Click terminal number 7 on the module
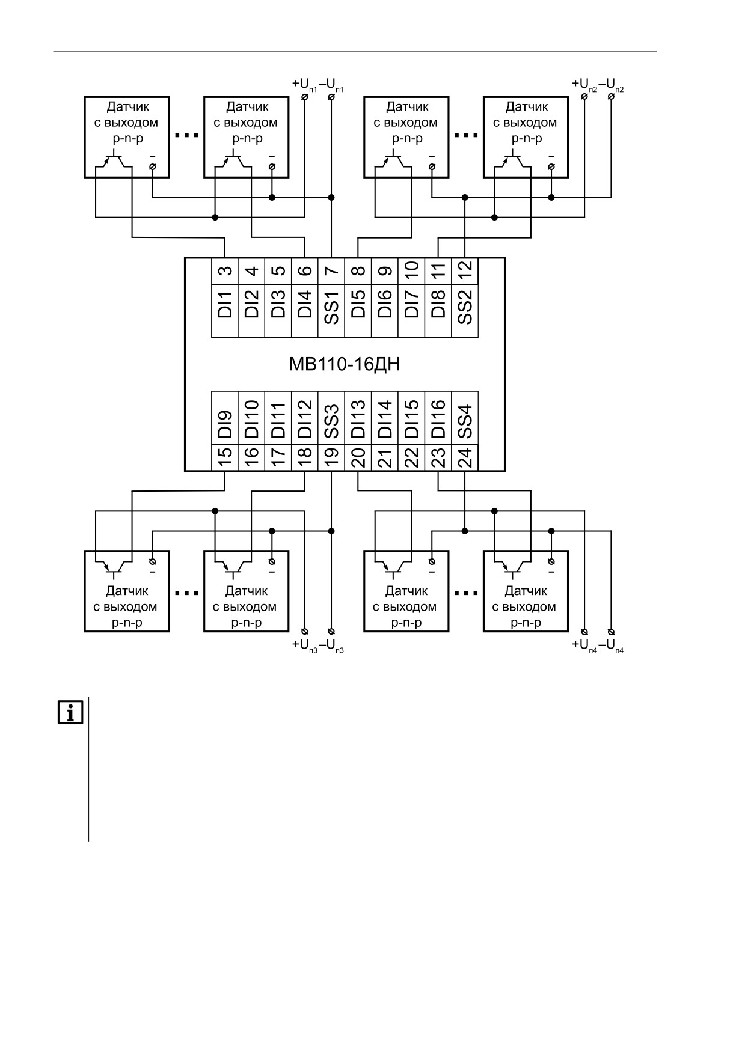click(331, 271)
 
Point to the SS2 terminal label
click(465, 306)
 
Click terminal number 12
click(465, 271)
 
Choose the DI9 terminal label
click(225, 424)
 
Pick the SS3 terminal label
click(331, 421)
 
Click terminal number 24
click(465, 459)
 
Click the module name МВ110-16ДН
click(345, 364)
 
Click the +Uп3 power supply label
click(305, 646)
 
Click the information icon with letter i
click(70, 712)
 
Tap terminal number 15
click(225, 458)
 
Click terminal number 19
click(331, 458)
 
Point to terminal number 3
click(225, 271)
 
